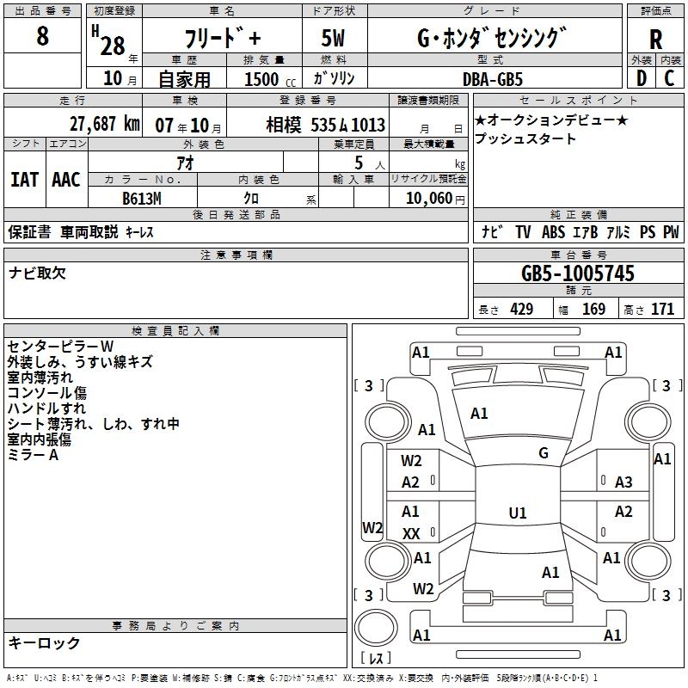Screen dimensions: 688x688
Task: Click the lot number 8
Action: [43, 37]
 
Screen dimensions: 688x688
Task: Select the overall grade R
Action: [655, 40]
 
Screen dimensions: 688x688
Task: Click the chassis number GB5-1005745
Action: [578, 273]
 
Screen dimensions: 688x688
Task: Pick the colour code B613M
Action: [143, 198]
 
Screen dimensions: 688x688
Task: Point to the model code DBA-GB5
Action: [492, 78]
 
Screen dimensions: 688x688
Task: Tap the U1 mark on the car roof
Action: [518, 513]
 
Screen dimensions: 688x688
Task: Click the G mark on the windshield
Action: [544, 453]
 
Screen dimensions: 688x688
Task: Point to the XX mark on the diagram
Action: [411, 534]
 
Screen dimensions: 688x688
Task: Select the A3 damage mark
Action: [623, 482]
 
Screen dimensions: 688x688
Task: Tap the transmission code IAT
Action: [24, 180]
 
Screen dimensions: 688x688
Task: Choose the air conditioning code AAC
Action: [66, 180]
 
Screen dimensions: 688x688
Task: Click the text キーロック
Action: [44, 642]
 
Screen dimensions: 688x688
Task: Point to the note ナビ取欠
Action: [38, 273]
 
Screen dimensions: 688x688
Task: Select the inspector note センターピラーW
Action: [61, 347]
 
